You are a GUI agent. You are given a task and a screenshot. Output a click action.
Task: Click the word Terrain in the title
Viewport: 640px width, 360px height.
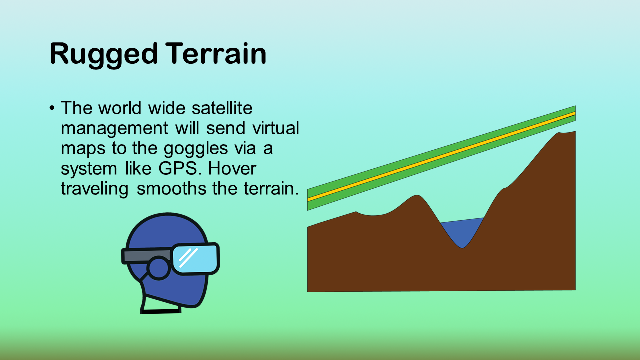pyautogui.click(x=216, y=53)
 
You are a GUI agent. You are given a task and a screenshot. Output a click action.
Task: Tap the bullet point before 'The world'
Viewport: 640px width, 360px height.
pyautogui.click(x=51, y=108)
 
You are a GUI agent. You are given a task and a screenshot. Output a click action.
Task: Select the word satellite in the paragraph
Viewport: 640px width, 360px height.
pyautogui.click(x=222, y=108)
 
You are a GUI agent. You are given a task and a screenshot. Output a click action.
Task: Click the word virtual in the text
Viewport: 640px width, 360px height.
pyautogui.click(x=276, y=128)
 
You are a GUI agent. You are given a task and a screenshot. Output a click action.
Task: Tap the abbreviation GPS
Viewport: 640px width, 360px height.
pyautogui.click(x=178, y=168)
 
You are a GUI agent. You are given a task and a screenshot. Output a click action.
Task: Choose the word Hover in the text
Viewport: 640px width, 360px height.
pyautogui.click(x=232, y=168)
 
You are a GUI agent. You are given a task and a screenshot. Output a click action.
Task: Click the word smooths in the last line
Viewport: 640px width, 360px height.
pyautogui.click(x=171, y=188)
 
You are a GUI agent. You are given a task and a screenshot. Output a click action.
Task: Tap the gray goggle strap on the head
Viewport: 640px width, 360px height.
pyautogui.click(x=147, y=255)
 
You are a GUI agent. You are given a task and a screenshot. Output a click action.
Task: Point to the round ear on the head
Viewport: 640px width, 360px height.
pyautogui.click(x=159, y=268)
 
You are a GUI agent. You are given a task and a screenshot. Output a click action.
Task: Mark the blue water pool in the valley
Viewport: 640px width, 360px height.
pyautogui.click(x=462, y=231)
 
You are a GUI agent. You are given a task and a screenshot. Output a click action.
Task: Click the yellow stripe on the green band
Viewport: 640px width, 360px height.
pyautogui.click(x=441, y=156)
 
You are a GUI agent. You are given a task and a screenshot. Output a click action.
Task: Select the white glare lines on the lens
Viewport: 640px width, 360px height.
pyautogui.click(x=188, y=257)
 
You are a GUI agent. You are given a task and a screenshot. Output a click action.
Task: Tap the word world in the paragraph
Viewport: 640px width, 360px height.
pyautogui.click(x=120, y=108)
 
